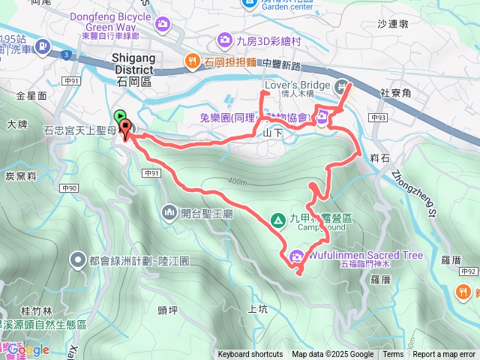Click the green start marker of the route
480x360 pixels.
[120, 116]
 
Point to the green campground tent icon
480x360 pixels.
[277, 219]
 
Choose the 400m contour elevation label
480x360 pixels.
[235, 182]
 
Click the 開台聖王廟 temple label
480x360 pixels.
[197, 214]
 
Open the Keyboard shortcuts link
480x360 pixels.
[250, 355]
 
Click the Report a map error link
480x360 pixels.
[445, 355]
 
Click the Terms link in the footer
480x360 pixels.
[393, 355]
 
